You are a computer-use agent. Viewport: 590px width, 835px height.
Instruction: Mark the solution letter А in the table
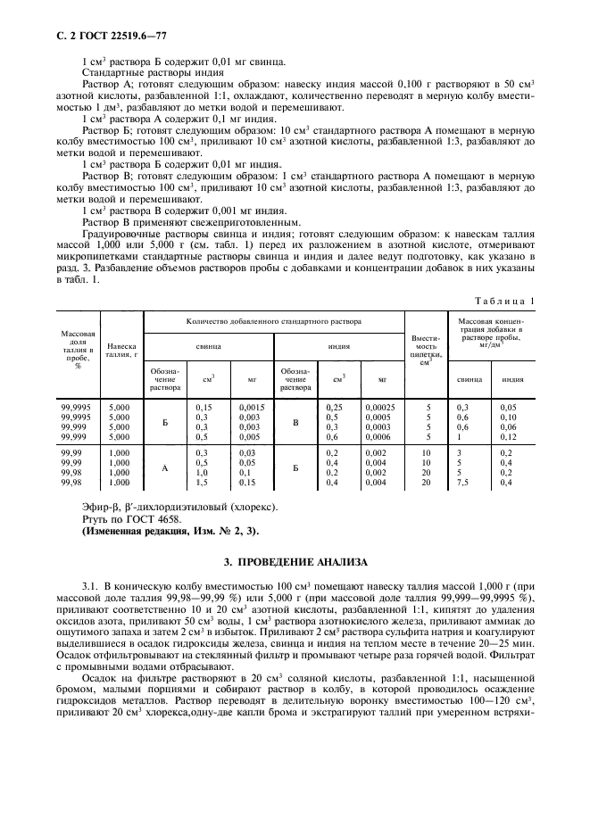[x=164, y=467]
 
